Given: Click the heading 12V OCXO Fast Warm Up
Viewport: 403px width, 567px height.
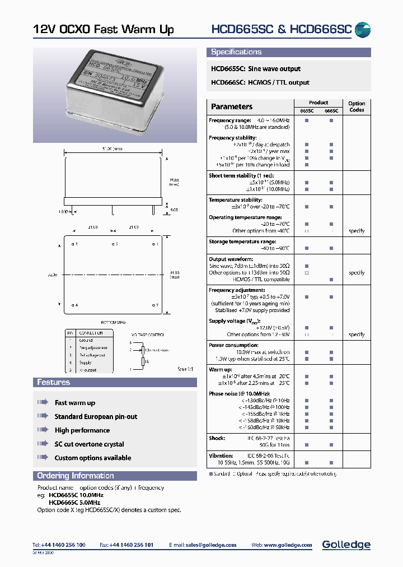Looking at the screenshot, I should point(104,30).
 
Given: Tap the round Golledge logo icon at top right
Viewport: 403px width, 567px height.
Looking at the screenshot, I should point(363,30).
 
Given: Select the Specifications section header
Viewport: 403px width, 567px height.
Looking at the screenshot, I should point(236,52).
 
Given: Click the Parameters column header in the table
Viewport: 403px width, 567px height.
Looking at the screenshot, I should point(232,106).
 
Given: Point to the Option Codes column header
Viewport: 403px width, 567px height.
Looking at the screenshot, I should point(357,106).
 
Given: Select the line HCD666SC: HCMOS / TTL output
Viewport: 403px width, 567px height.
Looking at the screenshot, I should point(260,82).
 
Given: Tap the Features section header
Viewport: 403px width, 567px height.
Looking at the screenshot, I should point(54,382).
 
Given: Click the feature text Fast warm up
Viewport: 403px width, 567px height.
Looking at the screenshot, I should point(75,403).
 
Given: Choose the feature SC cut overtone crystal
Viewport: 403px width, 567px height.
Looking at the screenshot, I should point(89,444).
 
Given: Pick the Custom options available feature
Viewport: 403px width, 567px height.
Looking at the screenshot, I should point(93,458).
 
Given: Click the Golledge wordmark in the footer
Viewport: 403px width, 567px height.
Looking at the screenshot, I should point(346,545).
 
